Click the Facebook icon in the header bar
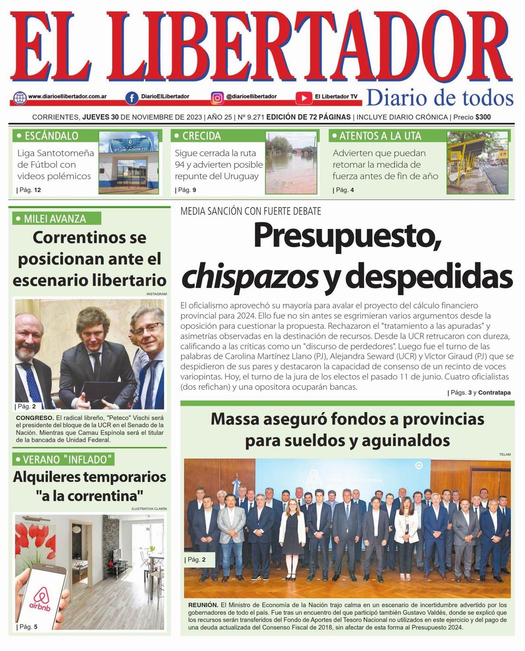tap(131, 97)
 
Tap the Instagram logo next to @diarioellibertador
tap(217, 97)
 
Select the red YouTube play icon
tap(303, 97)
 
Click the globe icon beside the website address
tap(20, 97)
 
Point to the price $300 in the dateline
tap(483, 117)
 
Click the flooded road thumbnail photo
tap(291, 163)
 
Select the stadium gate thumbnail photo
tap(129, 163)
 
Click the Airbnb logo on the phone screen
tap(40, 598)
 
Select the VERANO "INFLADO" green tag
tap(64, 460)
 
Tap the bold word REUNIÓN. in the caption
tap(203, 605)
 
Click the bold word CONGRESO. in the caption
tap(35, 418)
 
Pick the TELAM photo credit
tap(504, 455)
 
